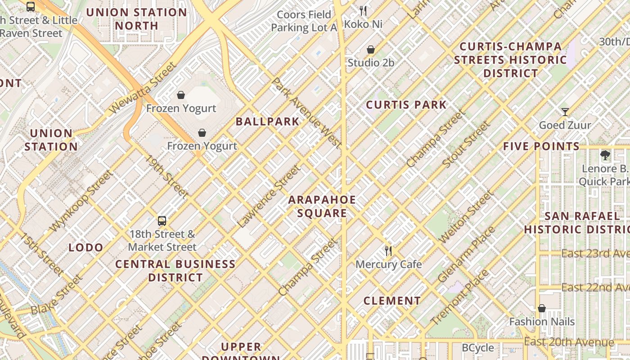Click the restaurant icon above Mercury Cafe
[388, 251]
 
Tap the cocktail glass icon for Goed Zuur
[565, 112]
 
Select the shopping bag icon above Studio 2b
[371, 49]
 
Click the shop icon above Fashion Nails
[542, 308]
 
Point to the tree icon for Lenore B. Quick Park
[605, 156]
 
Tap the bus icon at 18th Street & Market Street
[162, 221]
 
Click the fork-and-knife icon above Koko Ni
[363, 11]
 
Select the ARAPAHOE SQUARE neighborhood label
[322, 207]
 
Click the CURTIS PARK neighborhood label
[406, 105]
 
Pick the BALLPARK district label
[267, 121]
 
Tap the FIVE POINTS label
[541, 146]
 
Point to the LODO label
[86, 247]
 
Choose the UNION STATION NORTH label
[137, 19]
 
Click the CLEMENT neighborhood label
[392, 301]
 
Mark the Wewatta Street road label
[143, 88]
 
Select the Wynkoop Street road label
[81, 201]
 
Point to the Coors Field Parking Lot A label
[304, 21]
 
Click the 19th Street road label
[166, 177]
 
